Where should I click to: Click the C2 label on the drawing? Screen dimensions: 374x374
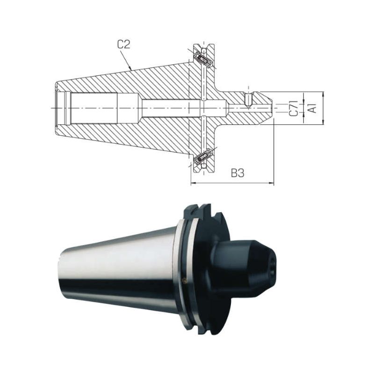124,44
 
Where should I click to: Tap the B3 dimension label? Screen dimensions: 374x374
237,173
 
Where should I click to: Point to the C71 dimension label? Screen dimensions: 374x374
294,108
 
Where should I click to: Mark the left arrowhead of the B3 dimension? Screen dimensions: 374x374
194,183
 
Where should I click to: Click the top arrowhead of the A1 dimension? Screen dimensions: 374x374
323,94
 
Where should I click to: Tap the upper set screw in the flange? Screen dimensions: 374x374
203,59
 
